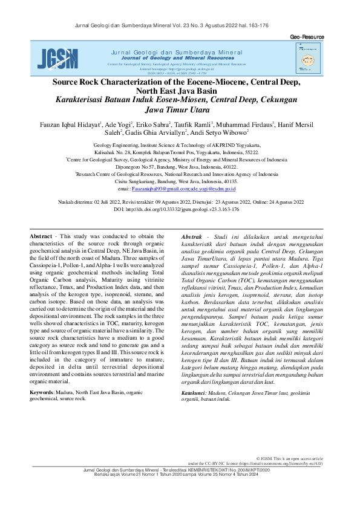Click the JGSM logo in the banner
pyautogui.click(x=57, y=58)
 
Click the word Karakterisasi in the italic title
pyautogui.click(x=80, y=100)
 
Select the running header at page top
pyautogui.click(x=180, y=25)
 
